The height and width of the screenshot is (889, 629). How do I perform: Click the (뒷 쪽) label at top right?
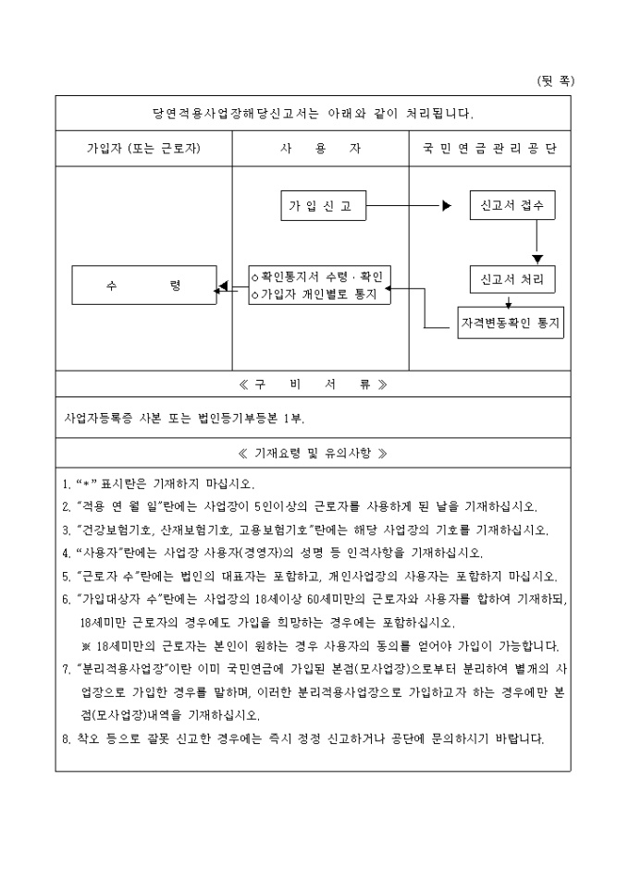[x=556, y=80]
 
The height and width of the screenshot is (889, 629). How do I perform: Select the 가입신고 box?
[x=321, y=206]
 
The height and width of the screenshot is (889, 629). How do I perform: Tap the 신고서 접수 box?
[x=512, y=205]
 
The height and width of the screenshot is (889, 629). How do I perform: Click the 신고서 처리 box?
[x=512, y=278]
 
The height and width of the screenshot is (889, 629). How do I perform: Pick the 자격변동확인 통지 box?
[x=512, y=323]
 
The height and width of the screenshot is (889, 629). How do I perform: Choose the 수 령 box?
[x=143, y=286]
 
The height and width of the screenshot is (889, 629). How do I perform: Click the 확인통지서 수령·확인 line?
[x=320, y=276]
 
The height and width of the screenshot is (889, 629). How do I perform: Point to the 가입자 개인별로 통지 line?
[x=320, y=294]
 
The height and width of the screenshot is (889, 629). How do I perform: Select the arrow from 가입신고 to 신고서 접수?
[x=407, y=206]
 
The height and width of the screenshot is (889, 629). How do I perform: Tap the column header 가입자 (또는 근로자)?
[x=143, y=148]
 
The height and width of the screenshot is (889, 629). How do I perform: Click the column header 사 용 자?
[x=320, y=148]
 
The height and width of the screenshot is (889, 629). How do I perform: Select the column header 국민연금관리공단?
[x=489, y=148]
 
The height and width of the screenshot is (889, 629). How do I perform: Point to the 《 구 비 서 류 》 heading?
[x=313, y=384]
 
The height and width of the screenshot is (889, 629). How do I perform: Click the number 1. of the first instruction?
[x=66, y=483]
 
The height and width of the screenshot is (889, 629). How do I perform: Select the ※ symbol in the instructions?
[x=85, y=644]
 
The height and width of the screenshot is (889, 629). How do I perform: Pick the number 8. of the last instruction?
[x=66, y=738]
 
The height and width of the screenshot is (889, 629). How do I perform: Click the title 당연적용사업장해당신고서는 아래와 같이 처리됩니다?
[x=313, y=114]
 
